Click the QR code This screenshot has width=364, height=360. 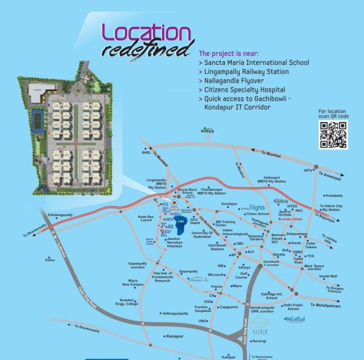tap(333, 135)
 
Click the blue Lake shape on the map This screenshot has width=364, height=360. tap(180, 221)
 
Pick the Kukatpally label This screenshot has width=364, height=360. tap(334, 195)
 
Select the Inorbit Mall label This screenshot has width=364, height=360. tap(328, 276)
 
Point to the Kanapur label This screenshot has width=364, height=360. tap(175, 335)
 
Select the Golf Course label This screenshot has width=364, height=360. tap(241, 276)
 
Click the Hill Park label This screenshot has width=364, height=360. tap(209, 131)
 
